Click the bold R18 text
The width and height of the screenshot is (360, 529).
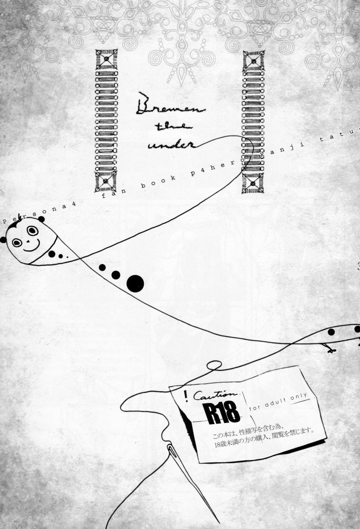point(222,413)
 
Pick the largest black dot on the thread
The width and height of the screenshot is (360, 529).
point(135,283)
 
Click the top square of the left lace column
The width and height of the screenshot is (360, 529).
point(106,60)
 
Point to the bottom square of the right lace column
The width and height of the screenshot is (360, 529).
point(253,182)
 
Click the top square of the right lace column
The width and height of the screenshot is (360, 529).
point(253,60)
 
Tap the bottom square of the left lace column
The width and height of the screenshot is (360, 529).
point(106,181)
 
